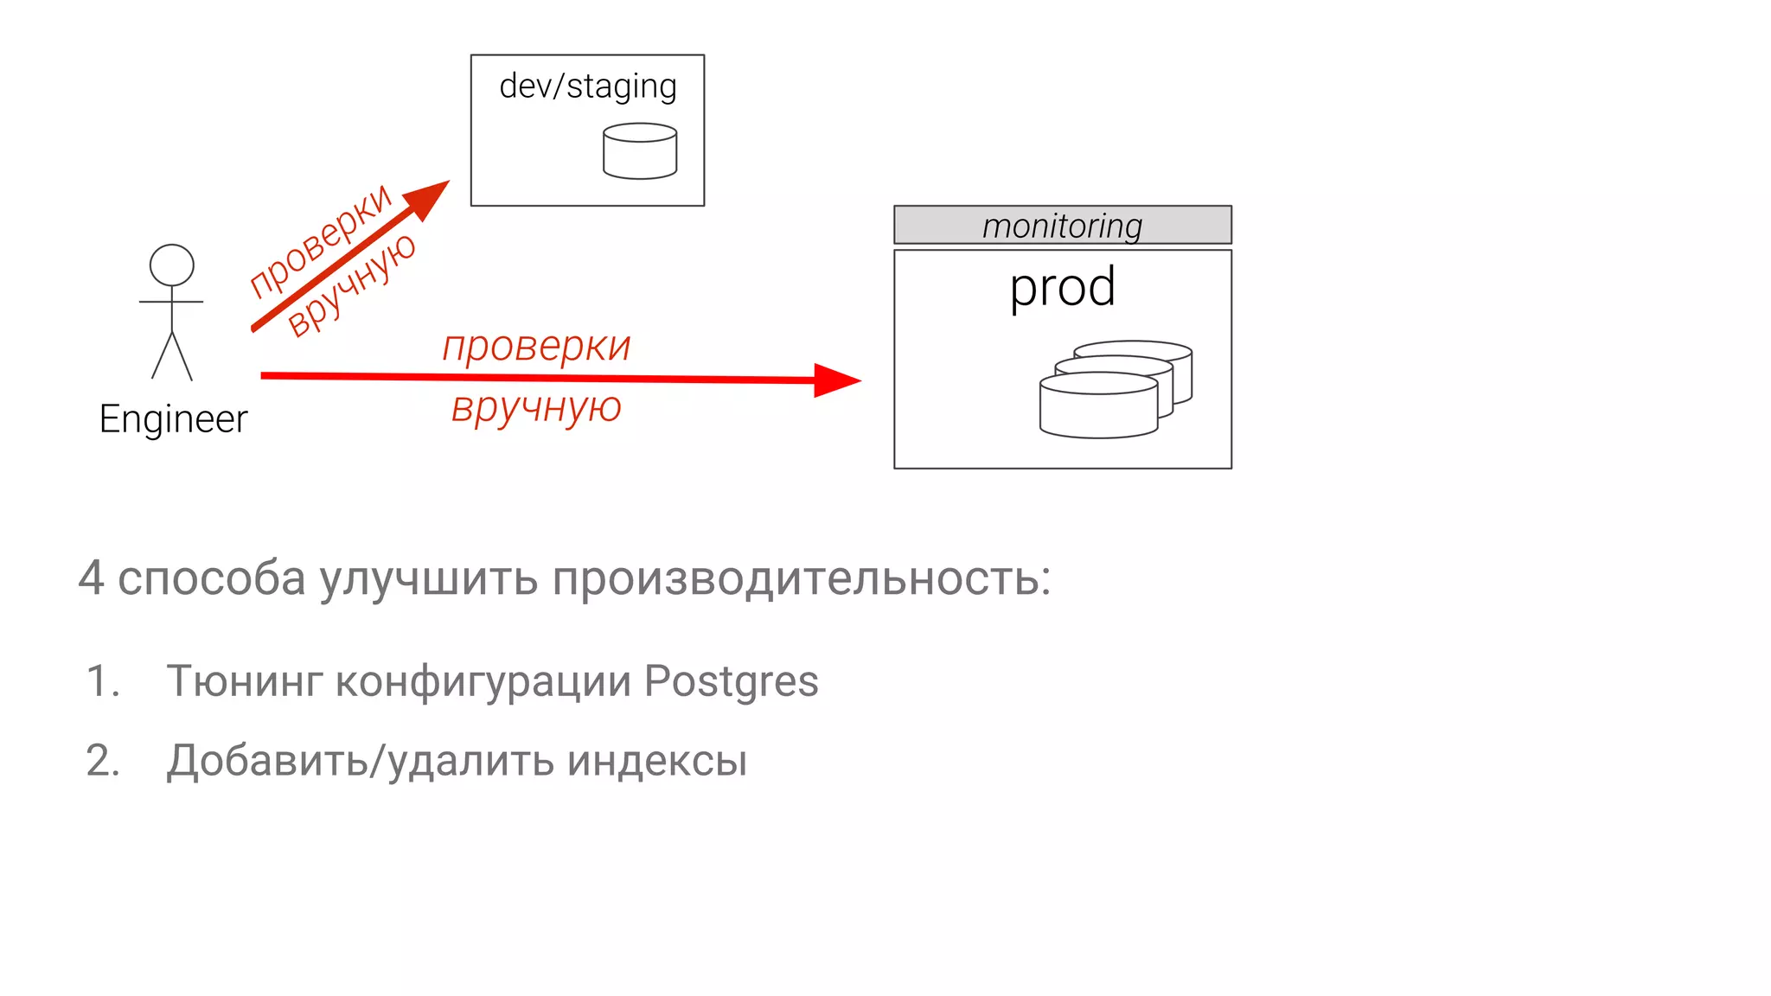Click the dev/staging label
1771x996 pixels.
point(588,86)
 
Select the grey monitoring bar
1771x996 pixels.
point(1062,225)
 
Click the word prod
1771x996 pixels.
point(1062,287)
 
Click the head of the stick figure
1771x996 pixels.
point(172,265)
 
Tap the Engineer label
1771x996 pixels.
point(173,419)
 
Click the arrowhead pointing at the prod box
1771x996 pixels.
point(836,380)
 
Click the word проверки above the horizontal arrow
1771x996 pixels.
point(536,347)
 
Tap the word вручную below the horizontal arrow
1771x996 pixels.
point(536,407)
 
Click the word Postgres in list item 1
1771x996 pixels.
point(731,680)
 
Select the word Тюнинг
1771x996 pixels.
point(245,680)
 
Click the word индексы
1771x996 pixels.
point(657,761)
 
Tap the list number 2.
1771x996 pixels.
point(102,761)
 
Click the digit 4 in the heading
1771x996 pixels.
point(91,578)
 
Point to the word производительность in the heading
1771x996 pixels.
point(801,578)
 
